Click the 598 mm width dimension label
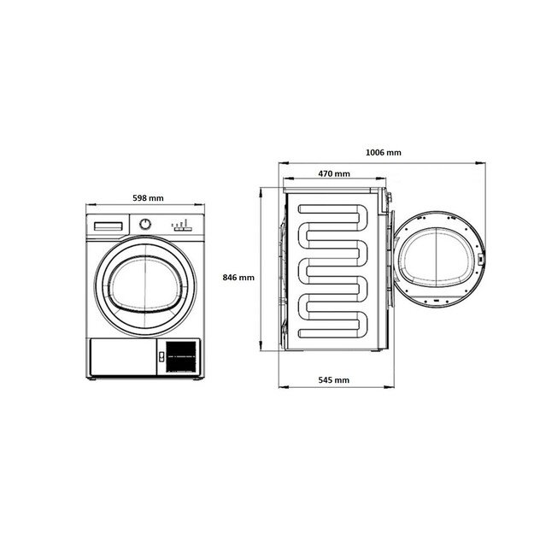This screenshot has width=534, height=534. [148, 198]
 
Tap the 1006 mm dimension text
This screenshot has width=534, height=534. [383, 152]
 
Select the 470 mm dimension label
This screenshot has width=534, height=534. [334, 173]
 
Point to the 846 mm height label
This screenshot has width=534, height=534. [238, 278]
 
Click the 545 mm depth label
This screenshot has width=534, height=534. [334, 379]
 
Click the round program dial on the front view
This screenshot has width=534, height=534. [146, 225]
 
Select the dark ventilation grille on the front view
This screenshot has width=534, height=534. [181, 355]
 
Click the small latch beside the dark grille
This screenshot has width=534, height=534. [159, 357]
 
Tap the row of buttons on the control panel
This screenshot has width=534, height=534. [180, 226]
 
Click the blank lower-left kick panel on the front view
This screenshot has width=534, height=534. [121, 355]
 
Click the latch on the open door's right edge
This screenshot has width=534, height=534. [483, 257]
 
